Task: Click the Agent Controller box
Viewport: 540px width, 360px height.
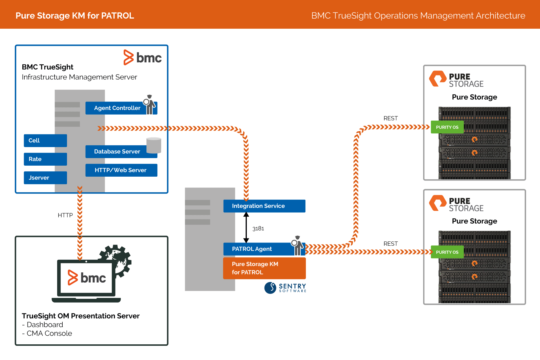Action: tap(117, 108)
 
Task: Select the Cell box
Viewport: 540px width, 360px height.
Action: tap(45, 140)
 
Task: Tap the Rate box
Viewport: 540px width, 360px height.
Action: tap(45, 159)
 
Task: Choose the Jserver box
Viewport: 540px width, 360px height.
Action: tap(45, 178)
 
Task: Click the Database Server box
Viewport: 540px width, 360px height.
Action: tap(117, 151)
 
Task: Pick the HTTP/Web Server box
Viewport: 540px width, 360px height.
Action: tap(121, 170)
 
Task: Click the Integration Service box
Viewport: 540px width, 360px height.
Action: tap(264, 206)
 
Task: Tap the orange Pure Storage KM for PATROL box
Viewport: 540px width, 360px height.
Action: tap(264, 268)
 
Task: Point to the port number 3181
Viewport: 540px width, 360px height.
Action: tap(258, 229)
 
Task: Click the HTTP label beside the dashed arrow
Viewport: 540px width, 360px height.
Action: tap(65, 215)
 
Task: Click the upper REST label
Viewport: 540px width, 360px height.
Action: tap(390, 118)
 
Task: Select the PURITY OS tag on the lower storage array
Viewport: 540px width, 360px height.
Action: tap(447, 252)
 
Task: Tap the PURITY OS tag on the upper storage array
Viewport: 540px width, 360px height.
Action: tap(447, 127)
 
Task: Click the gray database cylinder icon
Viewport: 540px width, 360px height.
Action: tap(154, 145)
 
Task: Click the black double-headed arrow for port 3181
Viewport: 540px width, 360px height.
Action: tap(246, 227)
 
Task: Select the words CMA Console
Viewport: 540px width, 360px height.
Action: tap(49, 333)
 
